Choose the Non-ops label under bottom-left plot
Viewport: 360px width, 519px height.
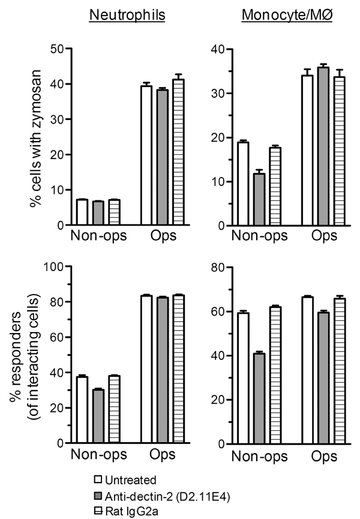click(98, 455)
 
